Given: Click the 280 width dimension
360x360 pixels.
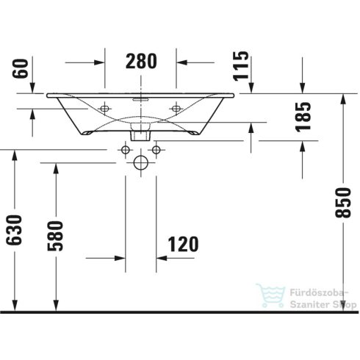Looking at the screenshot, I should coord(140,62).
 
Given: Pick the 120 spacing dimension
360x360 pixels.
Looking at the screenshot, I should coord(180,243).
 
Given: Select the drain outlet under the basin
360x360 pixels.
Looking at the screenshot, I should coord(140,134).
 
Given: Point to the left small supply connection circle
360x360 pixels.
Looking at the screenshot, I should coord(125,151).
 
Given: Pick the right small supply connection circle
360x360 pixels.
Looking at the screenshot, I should coord(155,151).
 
